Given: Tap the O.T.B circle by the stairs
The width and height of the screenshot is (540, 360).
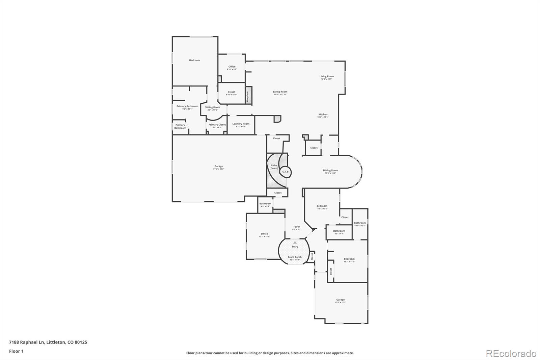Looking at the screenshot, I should (286, 172).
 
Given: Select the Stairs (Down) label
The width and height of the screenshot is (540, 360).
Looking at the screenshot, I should (274, 167).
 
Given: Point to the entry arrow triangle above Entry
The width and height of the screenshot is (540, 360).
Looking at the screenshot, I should (295, 242).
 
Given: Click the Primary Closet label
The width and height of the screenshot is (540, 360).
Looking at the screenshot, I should (217, 125).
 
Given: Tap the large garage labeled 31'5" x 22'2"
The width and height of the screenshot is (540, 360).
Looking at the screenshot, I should (219, 167).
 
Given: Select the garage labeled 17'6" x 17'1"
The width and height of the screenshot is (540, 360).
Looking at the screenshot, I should (340, 301).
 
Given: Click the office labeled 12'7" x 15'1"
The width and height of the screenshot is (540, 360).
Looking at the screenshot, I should (264, 235).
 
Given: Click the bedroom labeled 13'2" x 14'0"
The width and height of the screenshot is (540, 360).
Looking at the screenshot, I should (349, 260).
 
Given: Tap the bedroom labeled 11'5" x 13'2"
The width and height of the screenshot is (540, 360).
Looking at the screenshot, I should (322, 207).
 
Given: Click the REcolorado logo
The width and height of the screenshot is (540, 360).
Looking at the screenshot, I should (511, 354).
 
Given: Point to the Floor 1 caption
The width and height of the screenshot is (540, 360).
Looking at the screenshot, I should (16, 351).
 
